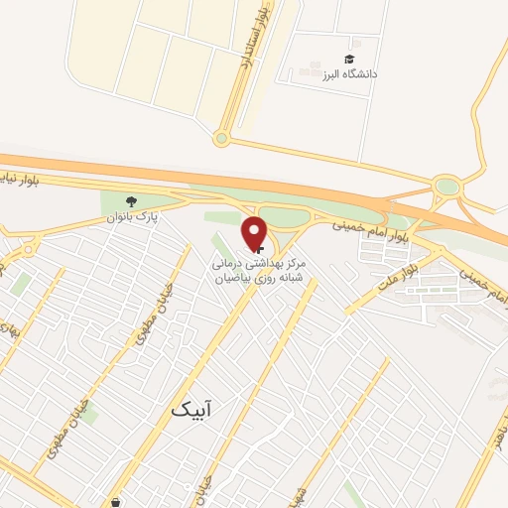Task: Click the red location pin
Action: click(x=255, y=232)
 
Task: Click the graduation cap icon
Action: click(x=348, y=60)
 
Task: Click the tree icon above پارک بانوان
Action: click(x=130, y=198)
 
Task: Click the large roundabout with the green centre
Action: click(x=446, y=186)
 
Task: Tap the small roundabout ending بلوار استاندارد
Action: click(x=221, y=138)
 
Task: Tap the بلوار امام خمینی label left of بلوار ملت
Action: click(x=361, y=231)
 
